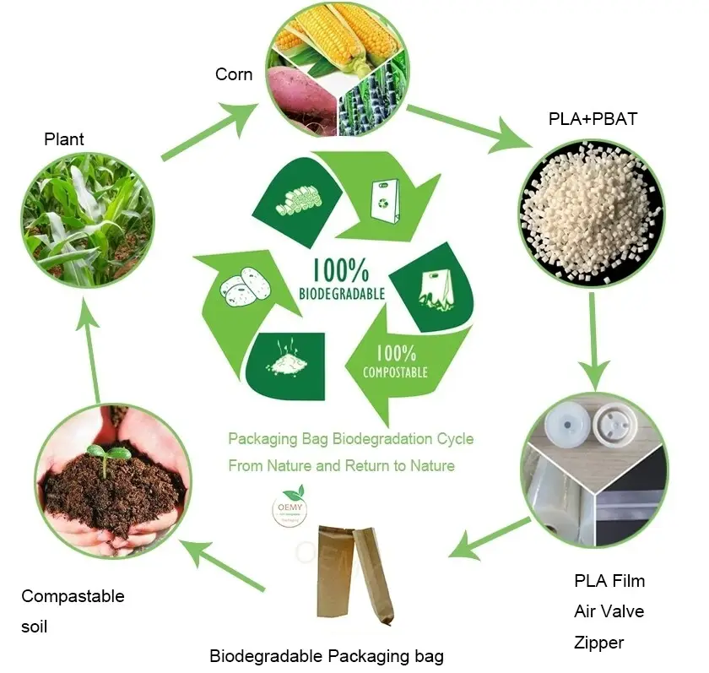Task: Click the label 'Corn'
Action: click(x=234, y=74)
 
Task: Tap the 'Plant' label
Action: click(x=64, y=139)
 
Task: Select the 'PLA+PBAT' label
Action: click(x=593, y=119)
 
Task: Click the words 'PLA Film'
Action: click(x=609, y=581)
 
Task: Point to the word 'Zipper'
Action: click(x=599, y=643)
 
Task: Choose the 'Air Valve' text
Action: click(x=609, y=611)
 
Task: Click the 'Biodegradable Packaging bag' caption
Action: click(x=327, y=656)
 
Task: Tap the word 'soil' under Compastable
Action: click(x=35, y=627)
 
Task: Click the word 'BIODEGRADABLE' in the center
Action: click(x=342, y=294)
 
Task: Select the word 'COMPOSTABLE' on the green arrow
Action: click(x=395, y=372)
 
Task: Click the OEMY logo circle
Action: click(x=289, y=507)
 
